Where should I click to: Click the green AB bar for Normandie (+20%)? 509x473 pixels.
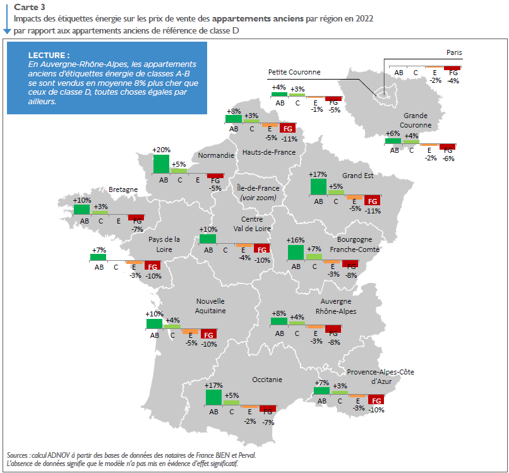[x=161, y=164]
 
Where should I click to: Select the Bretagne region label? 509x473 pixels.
[x=123, y=189]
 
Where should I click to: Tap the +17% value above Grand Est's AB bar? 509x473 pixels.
[x=318, y=174]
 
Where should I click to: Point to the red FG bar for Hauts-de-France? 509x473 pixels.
[x=289, y=128]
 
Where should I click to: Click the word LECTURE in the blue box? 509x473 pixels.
[x=49, y=56]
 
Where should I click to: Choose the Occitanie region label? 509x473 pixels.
[x=267, y=380]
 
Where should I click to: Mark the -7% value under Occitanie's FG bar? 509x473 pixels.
[x=268, y=422]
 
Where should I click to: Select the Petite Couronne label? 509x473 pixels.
[x=294, y=72]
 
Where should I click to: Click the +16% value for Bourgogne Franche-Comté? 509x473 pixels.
[x=296, y=241]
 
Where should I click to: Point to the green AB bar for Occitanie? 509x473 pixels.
[x=213, y=397]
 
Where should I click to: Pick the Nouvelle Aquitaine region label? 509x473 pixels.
[x=210, y=306]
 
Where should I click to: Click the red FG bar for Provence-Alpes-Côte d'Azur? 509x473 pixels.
[x=376, y=400]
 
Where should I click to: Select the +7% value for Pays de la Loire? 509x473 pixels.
[x=98, y=250]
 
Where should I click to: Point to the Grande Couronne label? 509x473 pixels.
[x=417, y=121]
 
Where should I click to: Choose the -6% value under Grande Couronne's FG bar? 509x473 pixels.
[x=448, y=159]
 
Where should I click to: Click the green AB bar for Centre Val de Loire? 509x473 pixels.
[x=208, y=239]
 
